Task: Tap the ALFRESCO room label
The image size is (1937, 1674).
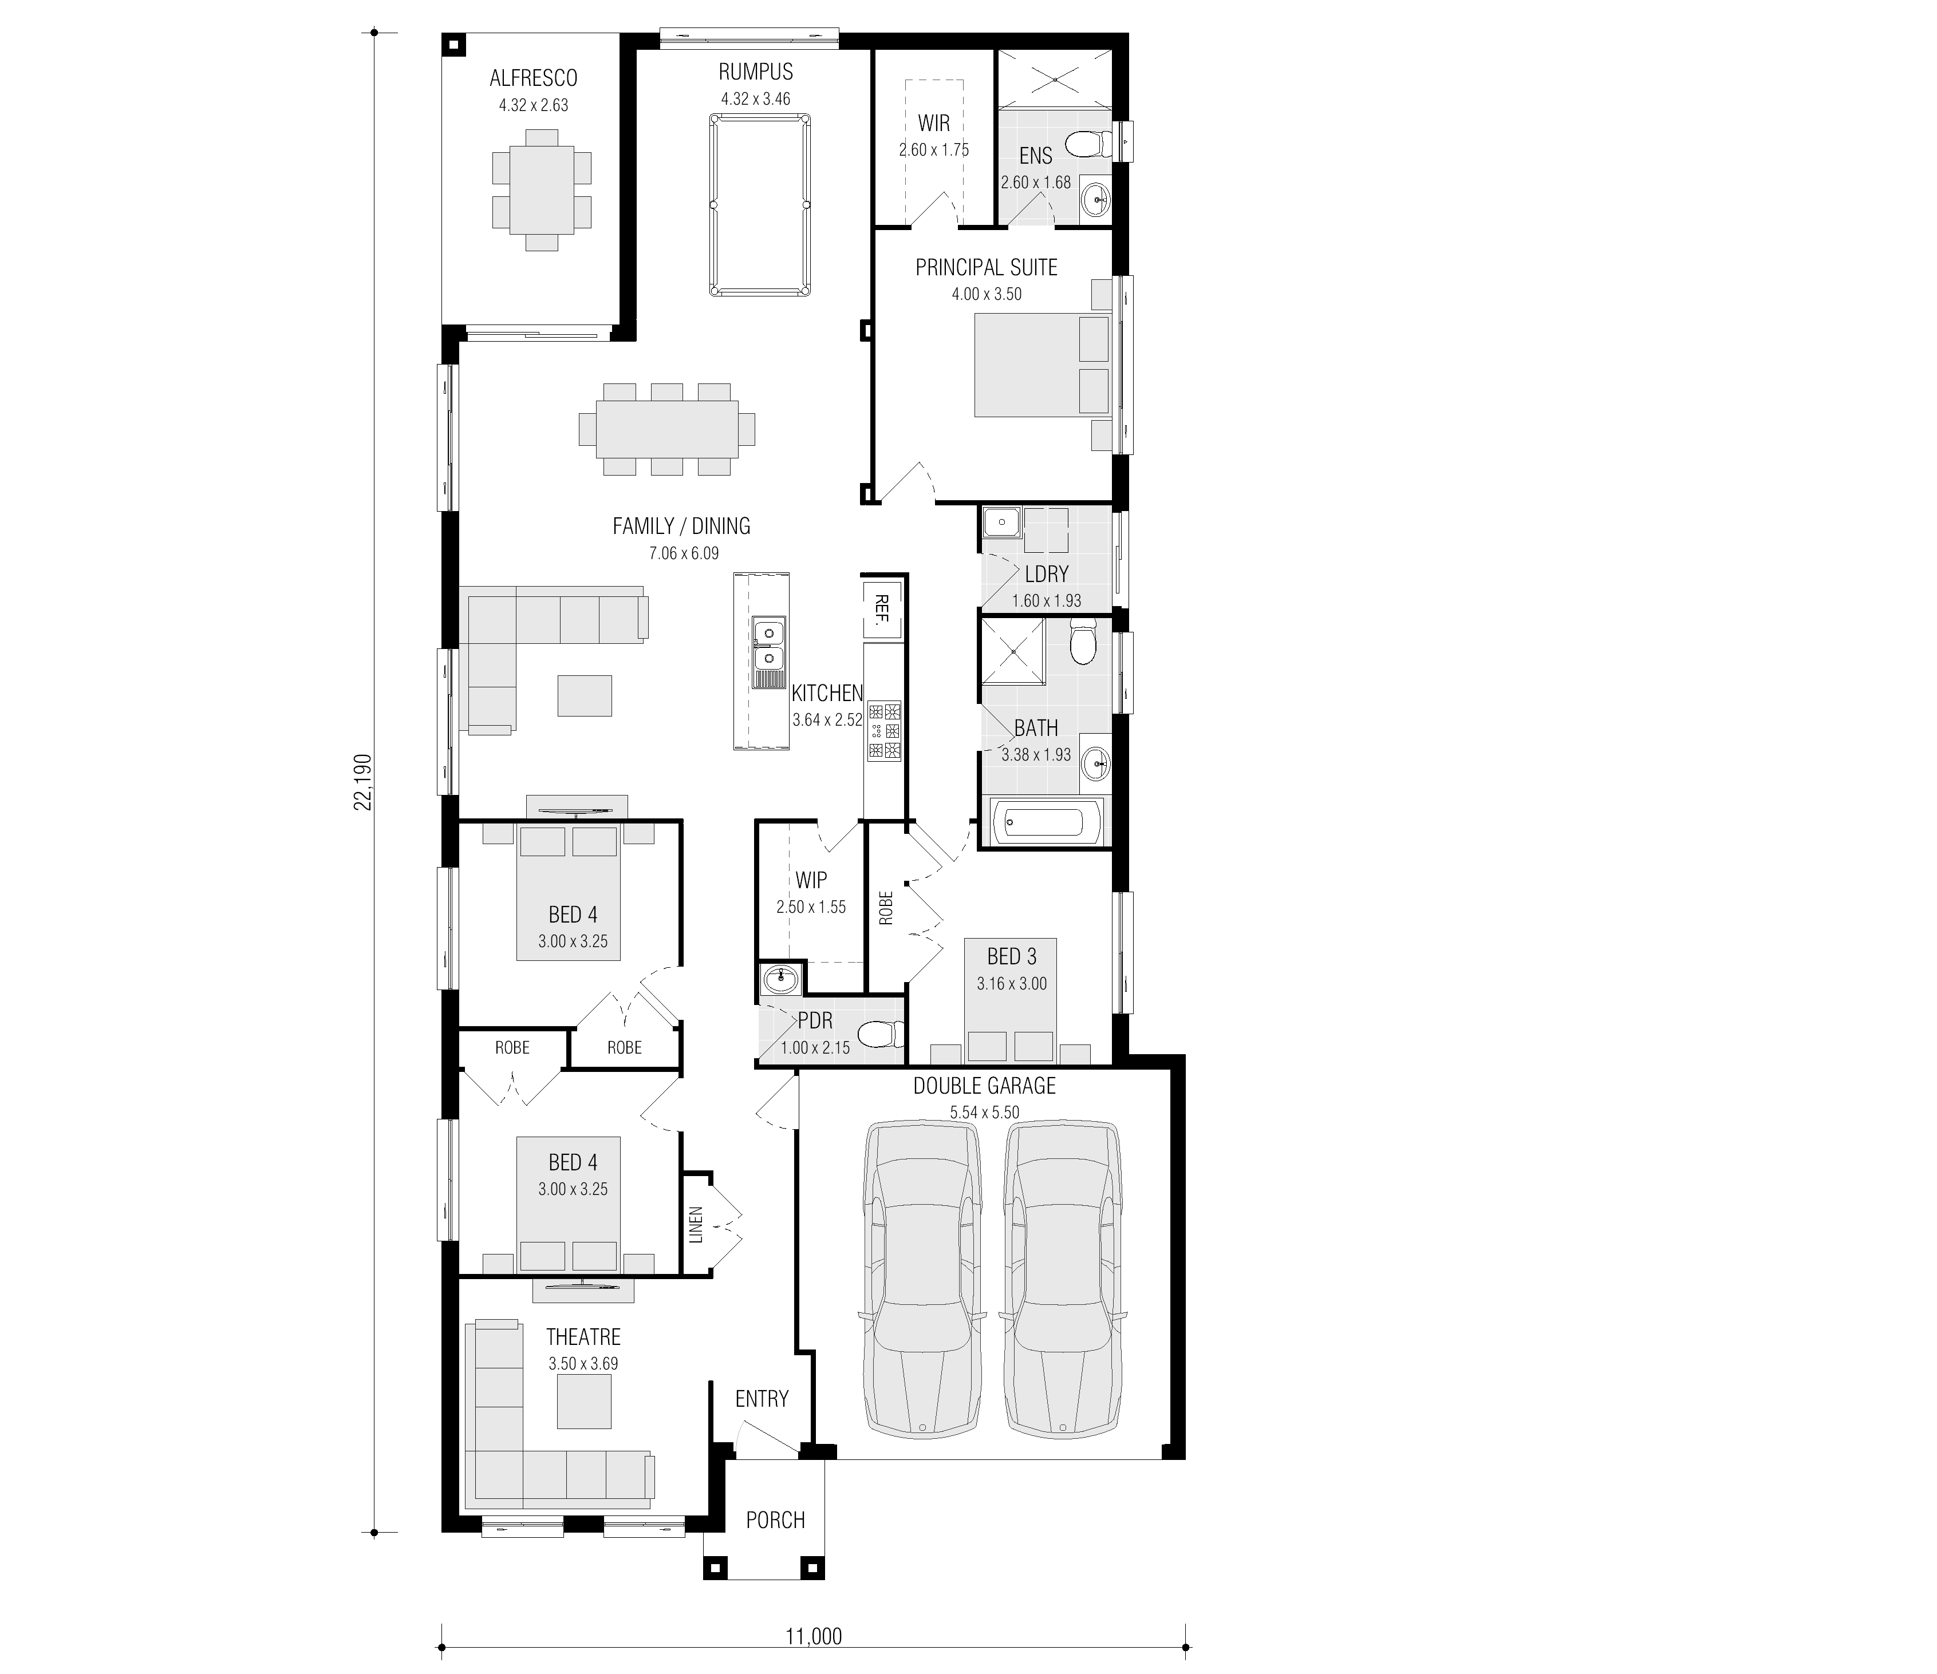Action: pos(534,78)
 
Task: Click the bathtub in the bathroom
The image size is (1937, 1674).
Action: pos(1045,824)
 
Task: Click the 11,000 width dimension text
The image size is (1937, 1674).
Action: pos(813,1637)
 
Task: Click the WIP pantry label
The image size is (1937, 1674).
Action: pos(811,880)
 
